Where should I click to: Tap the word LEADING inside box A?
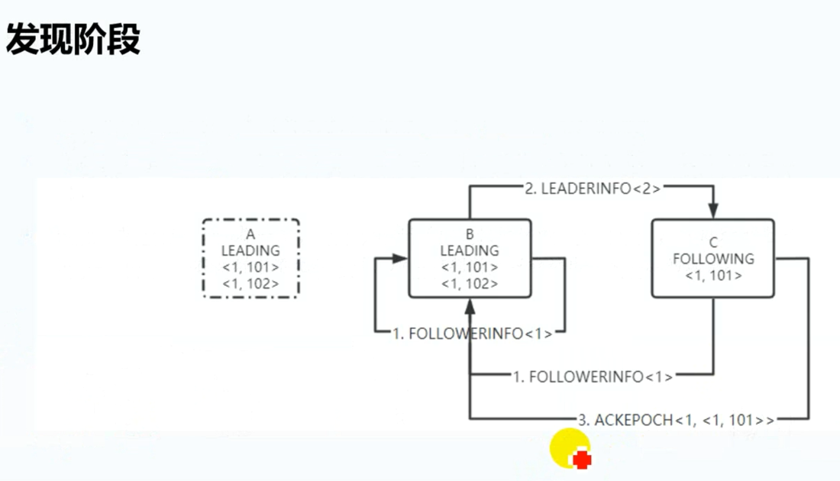[250, 250]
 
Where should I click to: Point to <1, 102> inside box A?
[250, 284]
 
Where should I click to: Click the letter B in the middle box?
[470, 234]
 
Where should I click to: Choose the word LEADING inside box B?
[470, 250]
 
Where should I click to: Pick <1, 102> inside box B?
[470, 283]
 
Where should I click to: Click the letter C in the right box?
[712, 244]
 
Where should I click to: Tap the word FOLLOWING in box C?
[712, 259]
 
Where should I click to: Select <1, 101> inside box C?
[712, 276]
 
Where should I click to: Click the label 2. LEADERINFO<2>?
[592, 189]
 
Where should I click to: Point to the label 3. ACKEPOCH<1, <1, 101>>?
[676, 419]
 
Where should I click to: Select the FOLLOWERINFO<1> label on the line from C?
[593, 376]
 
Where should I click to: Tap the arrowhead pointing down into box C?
[714, 210]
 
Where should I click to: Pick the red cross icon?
[582, 460]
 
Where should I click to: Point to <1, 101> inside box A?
[250, 267]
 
